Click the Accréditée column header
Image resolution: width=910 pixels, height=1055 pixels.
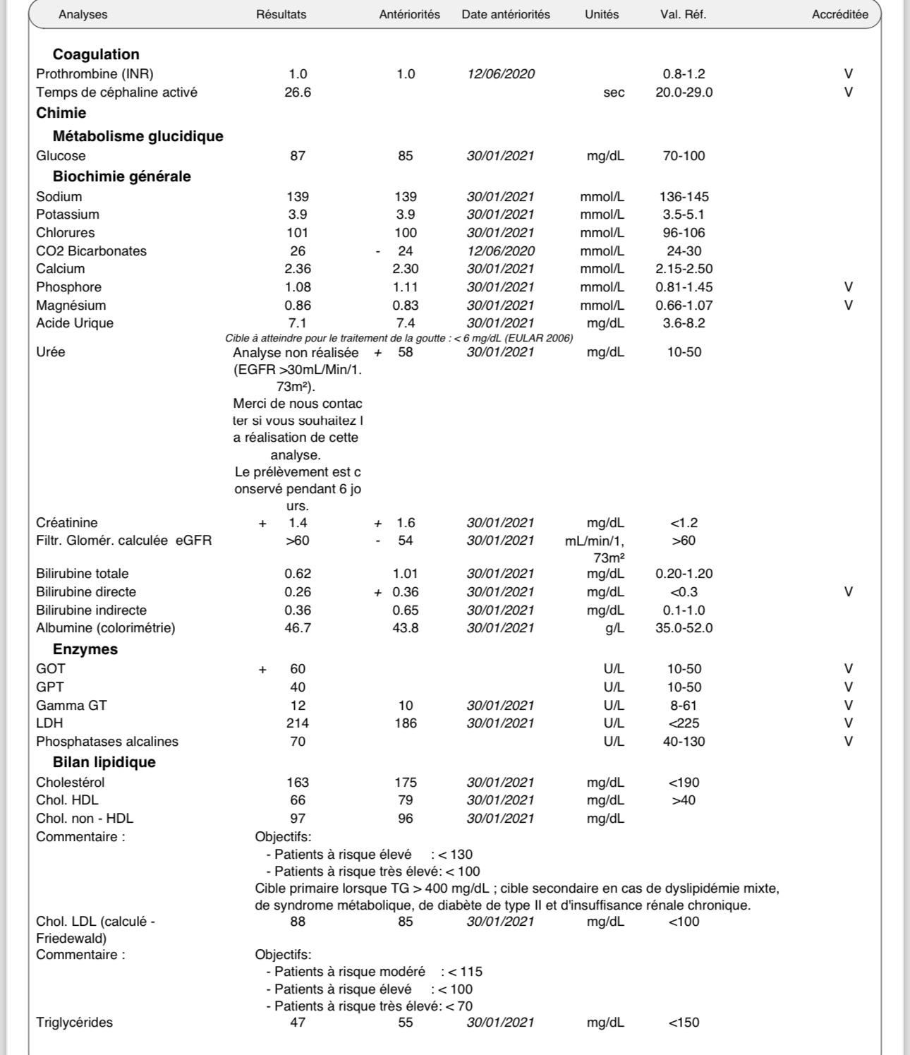(839, 14)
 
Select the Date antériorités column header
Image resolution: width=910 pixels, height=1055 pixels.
(506, 14)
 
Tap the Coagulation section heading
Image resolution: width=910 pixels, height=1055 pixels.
(96, 54)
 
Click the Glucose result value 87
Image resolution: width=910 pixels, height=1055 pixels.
(298, 156)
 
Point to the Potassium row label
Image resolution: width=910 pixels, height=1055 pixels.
(68, 215)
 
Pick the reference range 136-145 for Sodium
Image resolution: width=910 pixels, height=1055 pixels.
(684, 197)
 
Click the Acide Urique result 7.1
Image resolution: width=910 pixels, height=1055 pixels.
(298, 323)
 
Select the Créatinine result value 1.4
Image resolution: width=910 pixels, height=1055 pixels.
(298, 523)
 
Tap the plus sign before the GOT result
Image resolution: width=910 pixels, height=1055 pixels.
(262, 670)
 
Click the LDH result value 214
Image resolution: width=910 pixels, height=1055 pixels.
(298, 723)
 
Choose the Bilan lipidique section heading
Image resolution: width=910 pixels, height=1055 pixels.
(104, 762)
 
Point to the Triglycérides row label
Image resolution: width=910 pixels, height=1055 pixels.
(74, 1023)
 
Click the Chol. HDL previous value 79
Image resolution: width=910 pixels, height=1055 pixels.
(406, 800)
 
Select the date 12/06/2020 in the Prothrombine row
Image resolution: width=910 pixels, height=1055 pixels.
(501, 74)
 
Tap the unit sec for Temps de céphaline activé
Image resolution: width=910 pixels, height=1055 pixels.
(614, 92)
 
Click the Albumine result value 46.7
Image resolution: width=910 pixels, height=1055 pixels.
(298, 628)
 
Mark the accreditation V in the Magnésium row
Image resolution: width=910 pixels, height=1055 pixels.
(849, 306)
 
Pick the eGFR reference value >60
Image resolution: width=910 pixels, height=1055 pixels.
(684, 541)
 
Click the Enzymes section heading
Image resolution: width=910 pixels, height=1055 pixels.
(85, 649)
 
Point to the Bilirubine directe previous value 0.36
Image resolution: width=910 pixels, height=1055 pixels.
(406, 592)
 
